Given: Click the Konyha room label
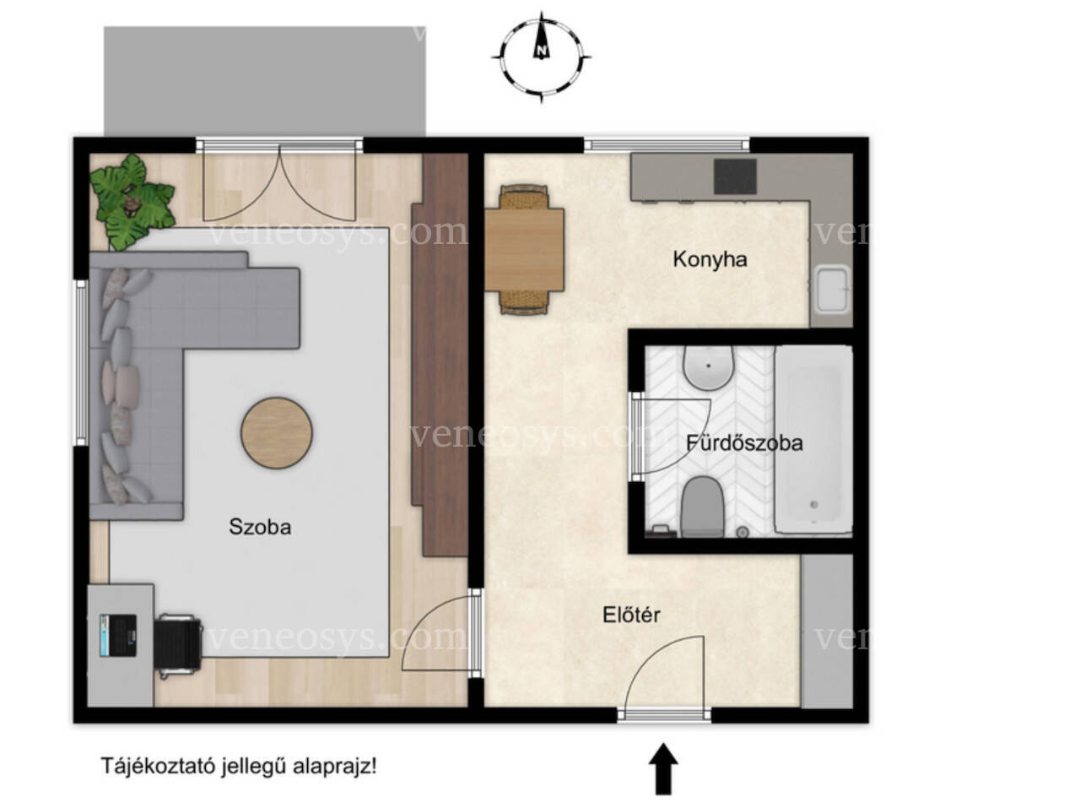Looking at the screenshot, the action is tap(709, 259).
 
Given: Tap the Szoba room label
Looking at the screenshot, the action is tap(260, 527).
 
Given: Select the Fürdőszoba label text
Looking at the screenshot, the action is tap(744, 442).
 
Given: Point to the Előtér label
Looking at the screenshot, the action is tap(631, 615).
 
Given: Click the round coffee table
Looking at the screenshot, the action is tap(276, 433).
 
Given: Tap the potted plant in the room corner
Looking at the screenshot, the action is tap(132, 202).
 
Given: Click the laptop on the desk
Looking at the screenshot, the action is tap(117, 635).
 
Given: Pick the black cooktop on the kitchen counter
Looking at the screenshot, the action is tap(735, 176).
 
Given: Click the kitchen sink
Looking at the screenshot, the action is tap(832, 290).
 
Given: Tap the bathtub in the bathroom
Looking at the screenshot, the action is tap(813, 439).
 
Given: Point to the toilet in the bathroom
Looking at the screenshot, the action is tap(702, 507).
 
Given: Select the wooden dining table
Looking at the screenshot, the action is tap(524, 250).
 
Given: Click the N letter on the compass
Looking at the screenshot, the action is tap(541, 50).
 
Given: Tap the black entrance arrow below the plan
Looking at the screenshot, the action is tap(663, 767).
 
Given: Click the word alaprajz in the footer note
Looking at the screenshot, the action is tap(335, 766).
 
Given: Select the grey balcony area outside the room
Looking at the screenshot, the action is tap(265, 82).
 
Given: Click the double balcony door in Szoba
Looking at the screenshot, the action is tap(279, 183).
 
